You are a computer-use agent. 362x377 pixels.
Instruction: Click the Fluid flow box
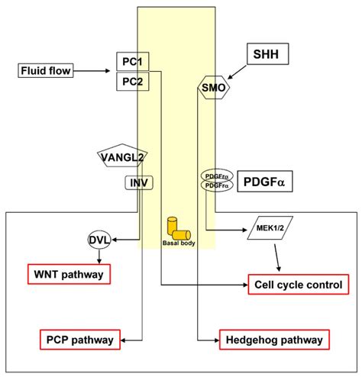coord(45,72)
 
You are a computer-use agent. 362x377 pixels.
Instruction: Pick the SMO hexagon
coord(213,88)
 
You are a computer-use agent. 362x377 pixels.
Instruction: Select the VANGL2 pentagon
coord(122,157)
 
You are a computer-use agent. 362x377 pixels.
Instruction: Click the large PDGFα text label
coord(268,183)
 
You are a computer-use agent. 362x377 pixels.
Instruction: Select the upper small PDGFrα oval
coord(215,176)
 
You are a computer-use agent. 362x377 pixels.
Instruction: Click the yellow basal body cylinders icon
coord(176,227)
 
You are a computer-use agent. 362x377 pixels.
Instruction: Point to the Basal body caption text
coord(176,244)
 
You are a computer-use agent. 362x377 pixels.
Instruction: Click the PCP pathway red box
coord(78,338)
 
